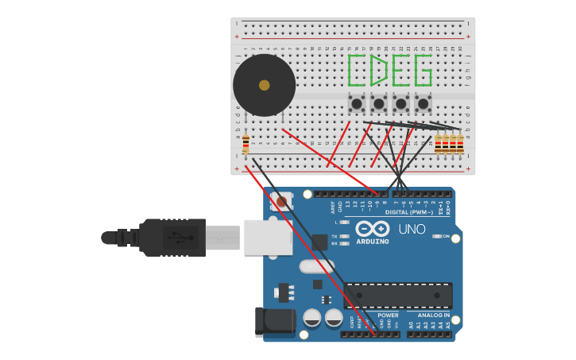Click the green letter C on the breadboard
(357, 70)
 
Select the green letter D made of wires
(379, 70)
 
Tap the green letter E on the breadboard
(400, 70)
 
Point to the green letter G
(423, 70)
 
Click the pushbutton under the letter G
(423, 103)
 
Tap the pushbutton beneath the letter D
(379, 103)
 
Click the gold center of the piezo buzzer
(264, 85)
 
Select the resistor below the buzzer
(245, 145)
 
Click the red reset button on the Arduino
(281, 202)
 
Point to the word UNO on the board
(412, 229)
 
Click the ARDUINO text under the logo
(373, 242)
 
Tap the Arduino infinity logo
(372, 229)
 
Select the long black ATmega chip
(398, 296)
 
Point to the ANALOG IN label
(435, 315)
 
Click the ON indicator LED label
(446, 236)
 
